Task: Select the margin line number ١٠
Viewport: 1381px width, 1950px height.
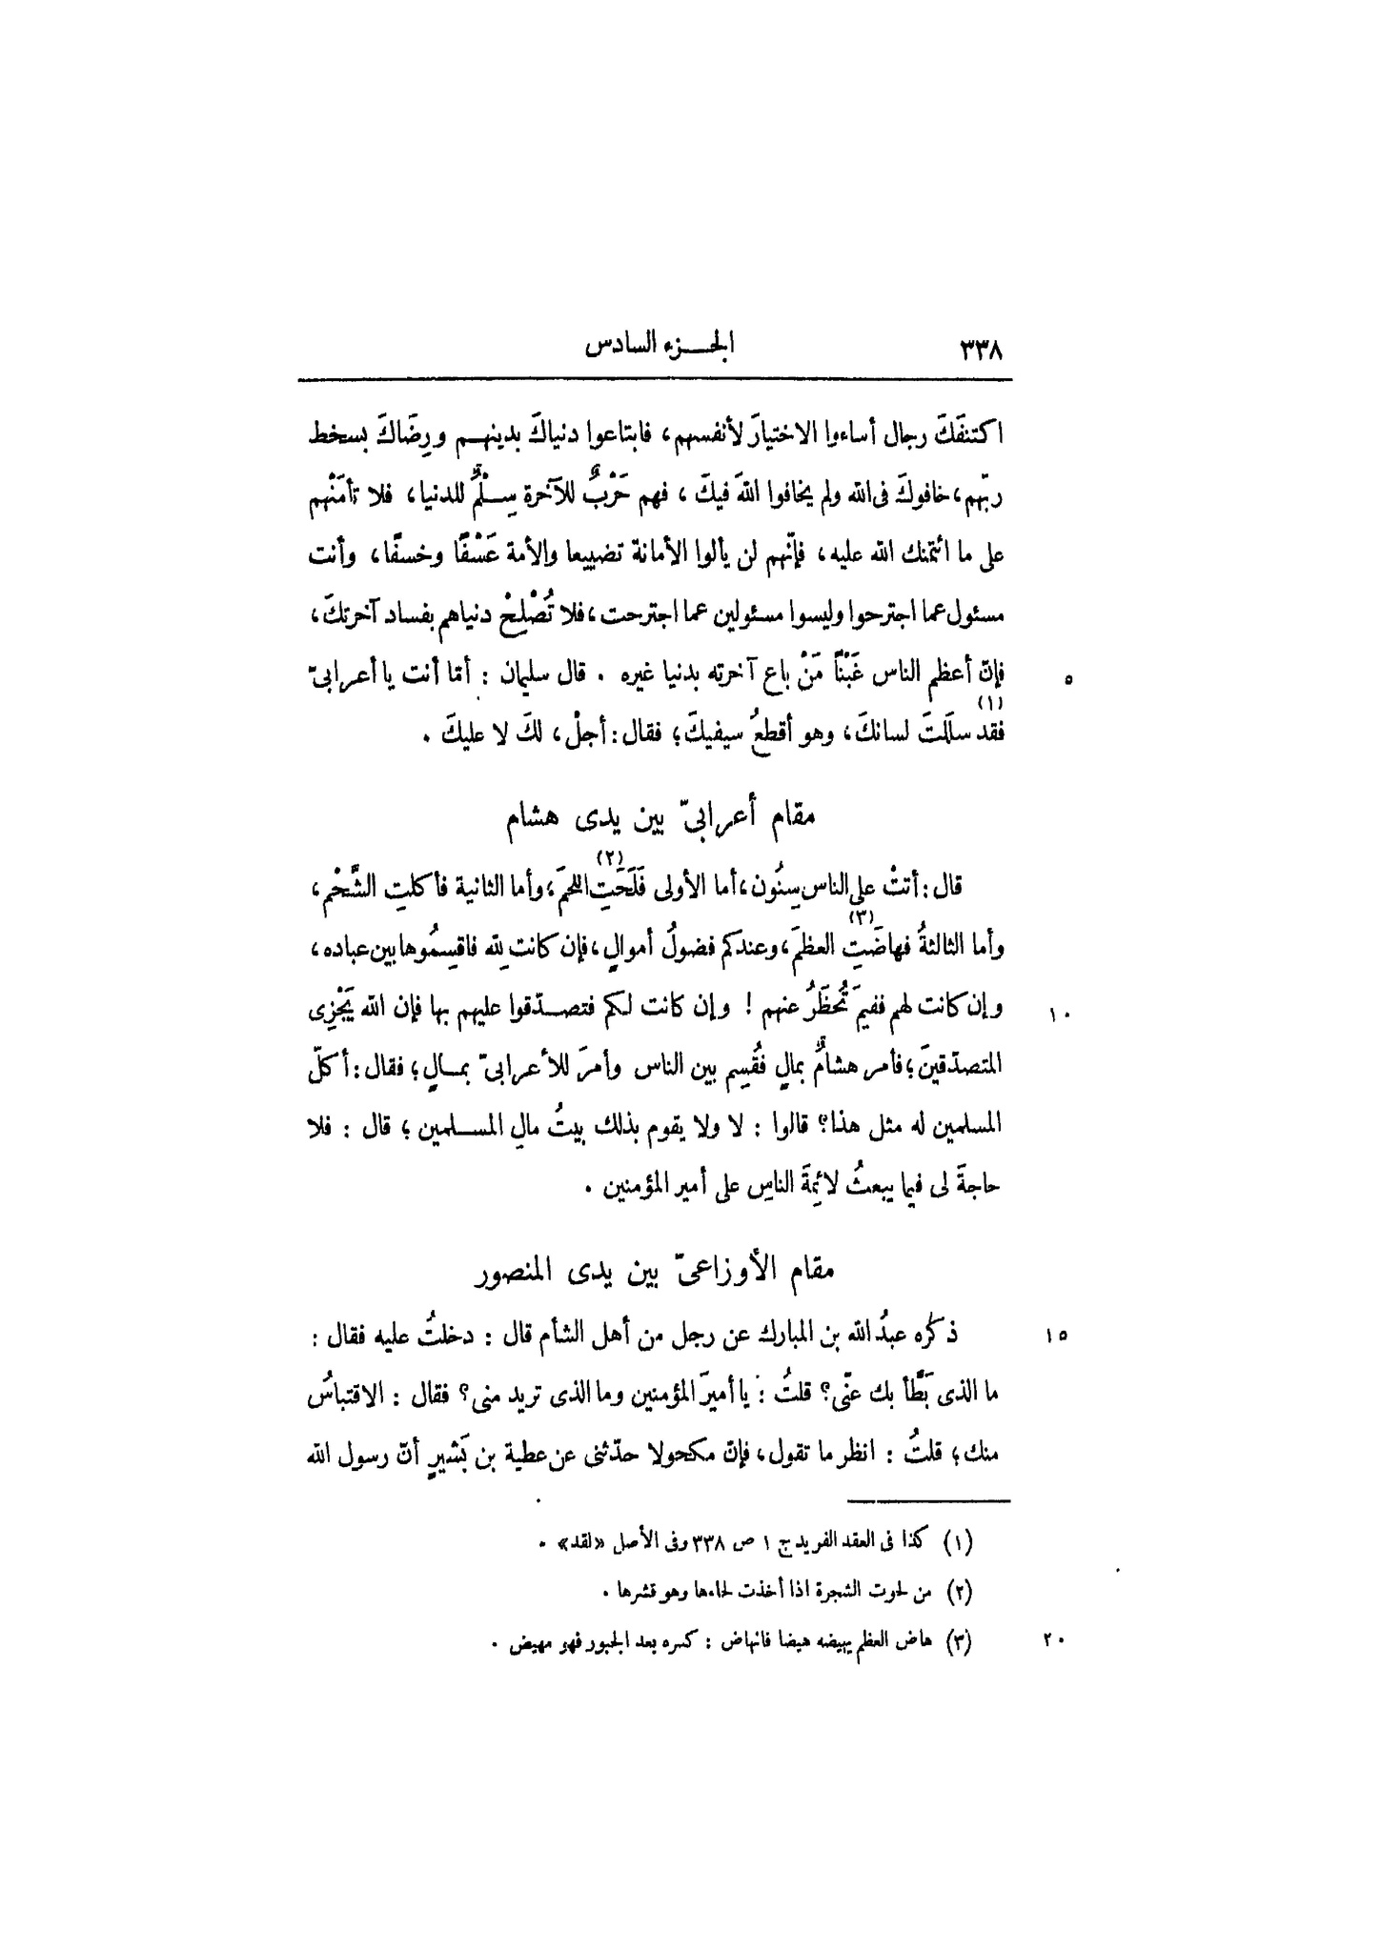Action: (x=1061, y=1016)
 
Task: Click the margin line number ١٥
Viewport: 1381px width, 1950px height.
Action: (x=1061, y=1337)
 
